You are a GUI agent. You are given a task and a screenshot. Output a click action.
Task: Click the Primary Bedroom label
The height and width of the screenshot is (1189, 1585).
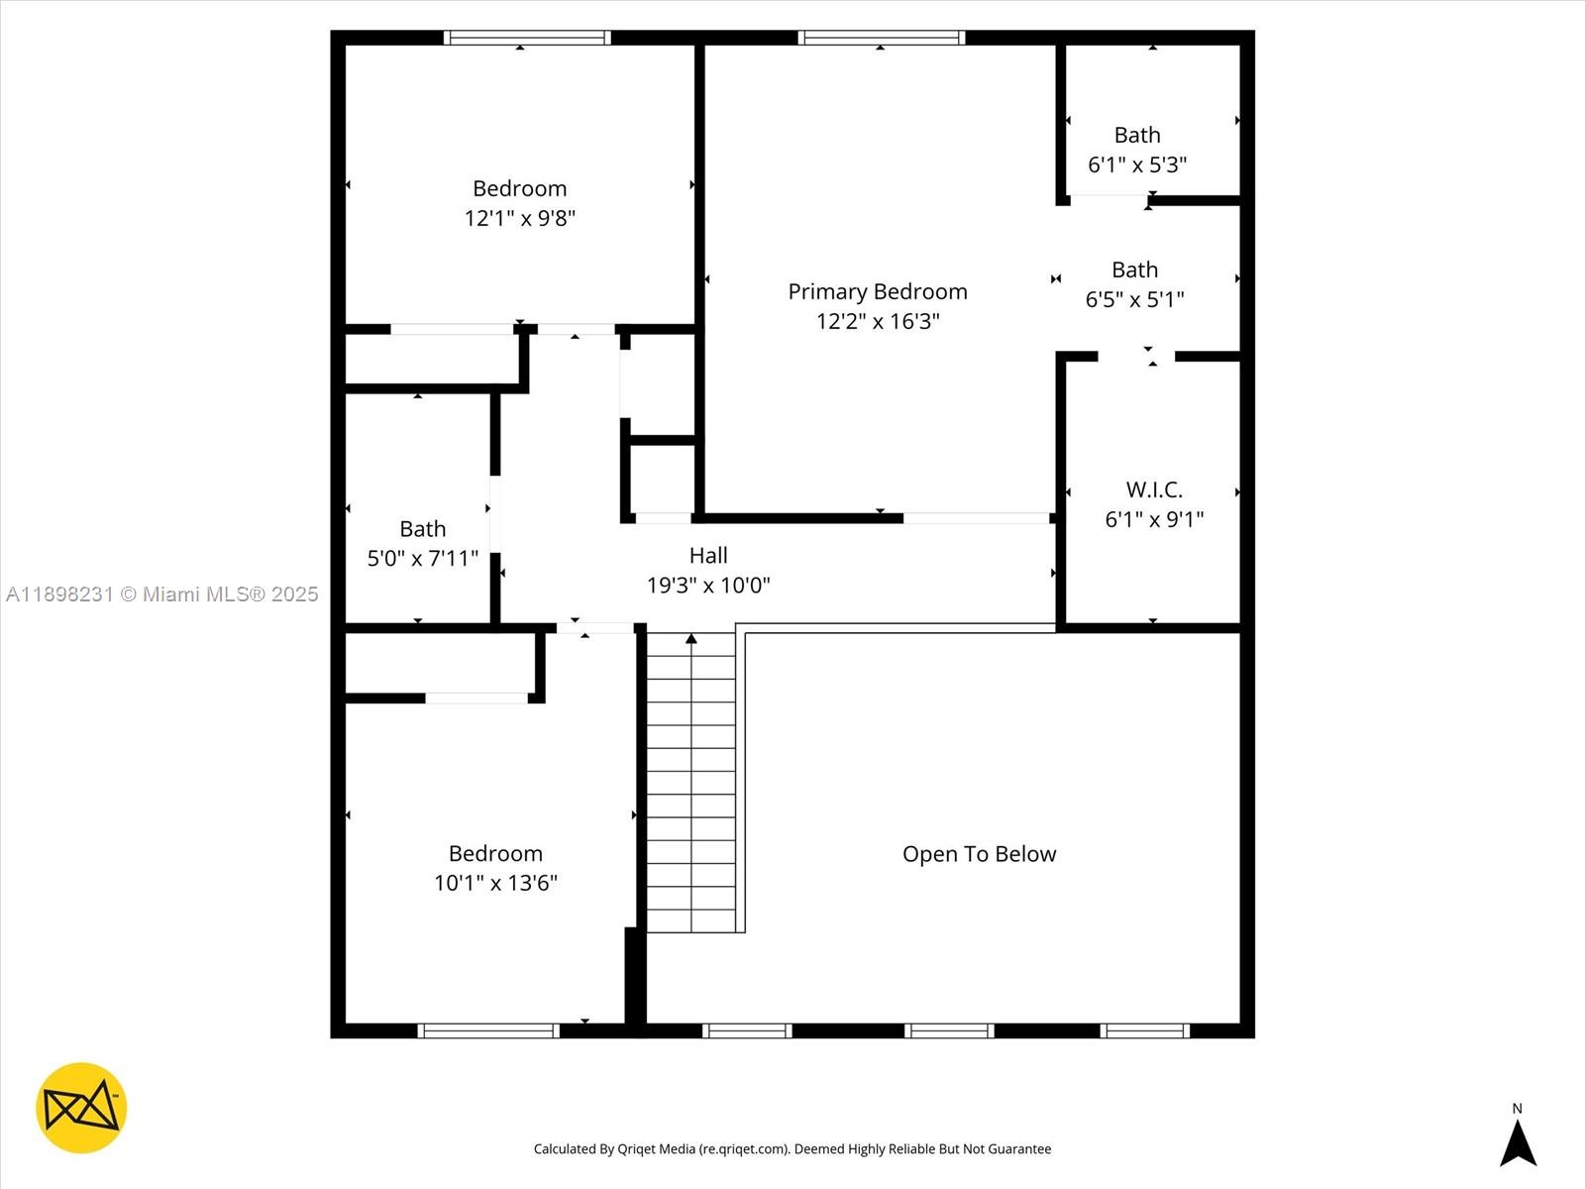tap(878, 291)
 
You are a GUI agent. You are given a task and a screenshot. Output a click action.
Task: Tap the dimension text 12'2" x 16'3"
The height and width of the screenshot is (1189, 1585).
tap(878, 321)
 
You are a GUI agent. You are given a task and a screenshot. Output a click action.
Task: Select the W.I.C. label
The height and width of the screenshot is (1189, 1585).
tap(1154, 489)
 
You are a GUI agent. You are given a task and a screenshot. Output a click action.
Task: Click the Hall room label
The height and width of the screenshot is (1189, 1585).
tap(708, 556)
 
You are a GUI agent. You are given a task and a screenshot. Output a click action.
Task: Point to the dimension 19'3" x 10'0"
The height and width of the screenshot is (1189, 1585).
tap(708, 586)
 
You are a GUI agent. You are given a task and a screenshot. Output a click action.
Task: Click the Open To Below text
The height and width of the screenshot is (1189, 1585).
tap(979, 854)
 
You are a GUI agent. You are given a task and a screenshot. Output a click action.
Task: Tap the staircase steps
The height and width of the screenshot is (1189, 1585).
tap(691, 783)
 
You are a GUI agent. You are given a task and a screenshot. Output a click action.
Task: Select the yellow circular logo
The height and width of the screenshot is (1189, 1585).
tap(81, 1108)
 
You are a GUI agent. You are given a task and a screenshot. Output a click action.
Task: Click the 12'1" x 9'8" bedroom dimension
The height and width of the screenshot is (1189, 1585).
tap(520, 218)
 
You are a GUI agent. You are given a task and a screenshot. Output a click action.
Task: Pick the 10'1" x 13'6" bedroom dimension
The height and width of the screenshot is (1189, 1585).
tap(495, 883)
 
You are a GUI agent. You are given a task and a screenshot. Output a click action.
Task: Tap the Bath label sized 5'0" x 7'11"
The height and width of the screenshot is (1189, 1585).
tap(423, 529)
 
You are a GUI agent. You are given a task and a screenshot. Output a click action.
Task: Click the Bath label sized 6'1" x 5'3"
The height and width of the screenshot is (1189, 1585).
tap(1137, 135)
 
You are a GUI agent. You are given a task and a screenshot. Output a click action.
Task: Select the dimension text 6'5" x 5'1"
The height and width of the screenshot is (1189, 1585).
tap(1134, 299)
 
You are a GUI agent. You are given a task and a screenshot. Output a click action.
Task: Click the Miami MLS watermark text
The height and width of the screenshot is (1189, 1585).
tap(162, 594)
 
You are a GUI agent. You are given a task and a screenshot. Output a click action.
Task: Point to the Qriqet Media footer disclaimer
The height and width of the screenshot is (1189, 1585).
tap(792, 1149)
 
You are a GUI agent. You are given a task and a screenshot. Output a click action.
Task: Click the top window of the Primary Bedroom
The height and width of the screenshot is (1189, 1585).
tap(882, 38)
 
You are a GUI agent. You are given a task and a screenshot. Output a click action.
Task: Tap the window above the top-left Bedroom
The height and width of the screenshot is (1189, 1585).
tap(527, 38)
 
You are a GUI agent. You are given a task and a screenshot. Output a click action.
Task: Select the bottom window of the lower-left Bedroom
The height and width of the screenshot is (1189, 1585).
tap(488, 1030)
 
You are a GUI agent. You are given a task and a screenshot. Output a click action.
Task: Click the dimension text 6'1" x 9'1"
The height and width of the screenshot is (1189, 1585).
tap(1154, 519)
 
